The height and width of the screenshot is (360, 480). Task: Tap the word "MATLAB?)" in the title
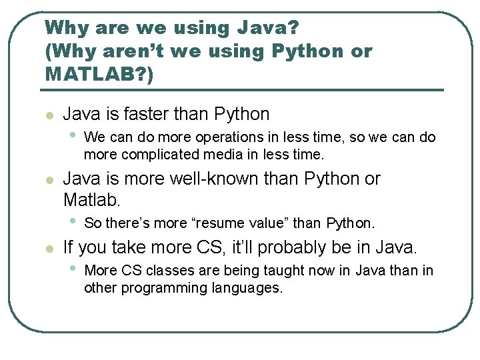pos(99,73)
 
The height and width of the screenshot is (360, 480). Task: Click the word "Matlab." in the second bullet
pos(91,199)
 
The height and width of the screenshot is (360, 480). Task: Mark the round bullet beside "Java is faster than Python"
pos(48,115)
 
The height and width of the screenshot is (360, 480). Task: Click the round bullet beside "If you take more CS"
pos(48,249)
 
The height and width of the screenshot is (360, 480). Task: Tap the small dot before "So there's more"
pos(73,221)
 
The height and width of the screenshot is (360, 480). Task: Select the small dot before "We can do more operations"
pos(73,135)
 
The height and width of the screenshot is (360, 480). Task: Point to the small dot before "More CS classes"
pos(73,269)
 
